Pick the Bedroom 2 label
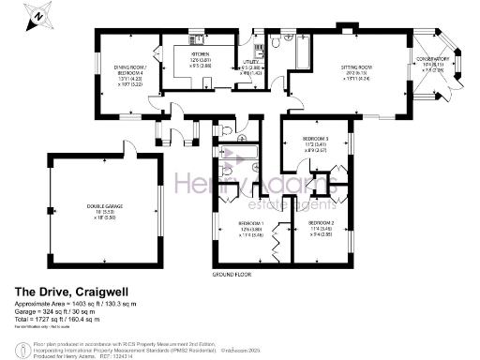322,225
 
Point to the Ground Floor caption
233,275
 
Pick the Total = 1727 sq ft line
59,322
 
